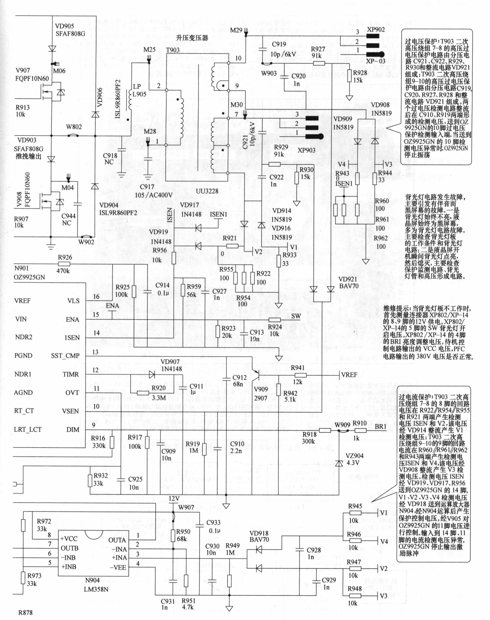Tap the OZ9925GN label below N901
[30, 277]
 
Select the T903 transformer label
[173, 50]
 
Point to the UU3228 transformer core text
[207, 191]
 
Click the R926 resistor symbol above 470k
[65, 264]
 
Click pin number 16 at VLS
[96, 297]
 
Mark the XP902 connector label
[376, 30]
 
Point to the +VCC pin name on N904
[69, 539]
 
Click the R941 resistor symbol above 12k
[300, 375]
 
